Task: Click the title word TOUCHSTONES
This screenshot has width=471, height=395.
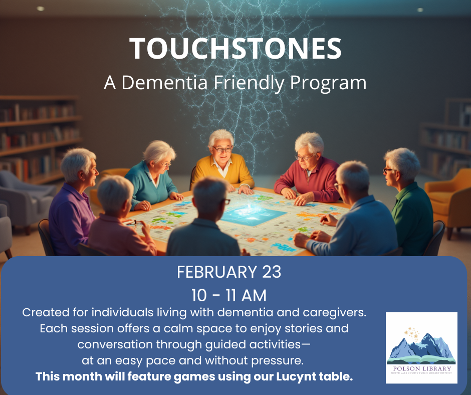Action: pyautogui.click(x=235, y=49)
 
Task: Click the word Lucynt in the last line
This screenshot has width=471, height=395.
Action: pyautogui.click(x=297, y=376)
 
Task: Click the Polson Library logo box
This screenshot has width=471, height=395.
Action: pyautogui.click(x=421, y=347)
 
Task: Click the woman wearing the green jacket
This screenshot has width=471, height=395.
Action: pyautogui.click(x=408, y=201)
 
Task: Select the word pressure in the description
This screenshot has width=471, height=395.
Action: pyautogui.click(x=283, y=360)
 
